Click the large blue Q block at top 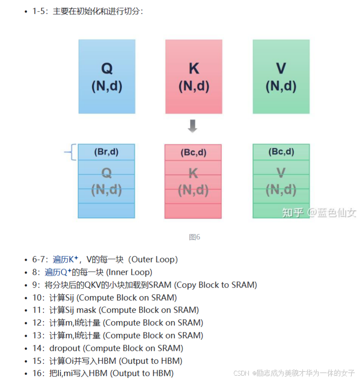(107, 77)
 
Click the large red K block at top (193, 77)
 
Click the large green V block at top (281, 77)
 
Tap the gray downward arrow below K (193, 126)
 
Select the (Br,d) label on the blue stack (106, 152)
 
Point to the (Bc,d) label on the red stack (193, 153)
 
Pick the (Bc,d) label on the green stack (281, 152)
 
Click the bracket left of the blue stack (70, 153)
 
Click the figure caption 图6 (194, 237)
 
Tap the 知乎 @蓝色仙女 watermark (319, 212)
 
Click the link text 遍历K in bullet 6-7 (63, 259)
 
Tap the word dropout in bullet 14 (65, 348)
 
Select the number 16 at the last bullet (36, 373)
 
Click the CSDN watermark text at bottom (241, 373)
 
